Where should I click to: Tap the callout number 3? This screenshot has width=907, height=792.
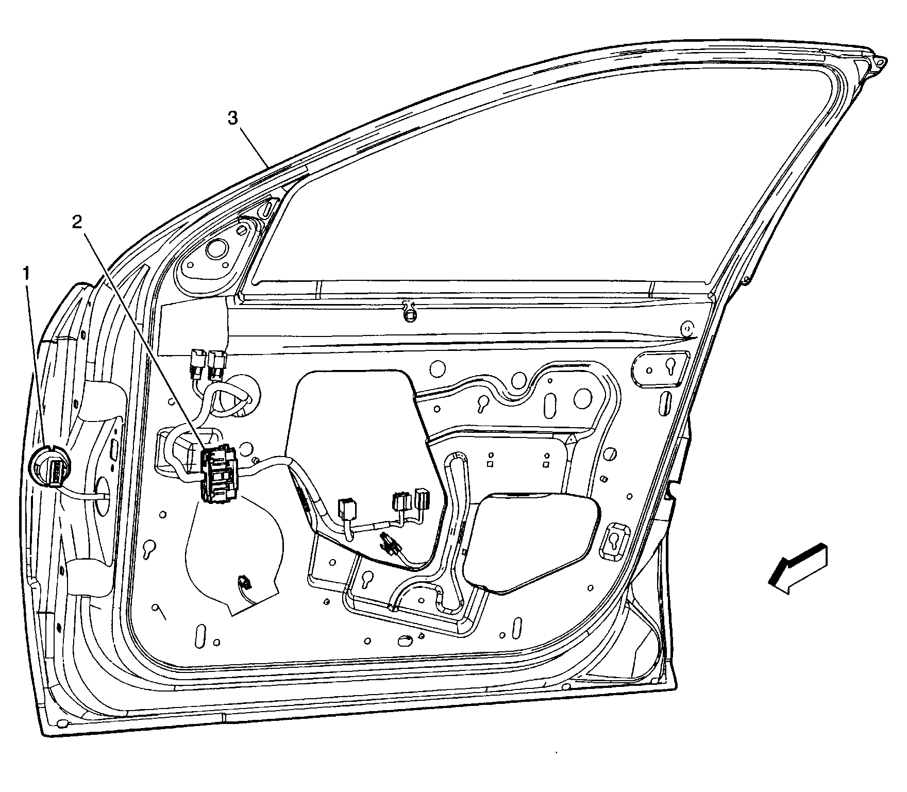pos(233,119)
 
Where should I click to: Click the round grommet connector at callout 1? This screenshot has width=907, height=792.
pos(49,466)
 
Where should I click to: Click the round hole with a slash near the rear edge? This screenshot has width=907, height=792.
pos(610,454)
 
